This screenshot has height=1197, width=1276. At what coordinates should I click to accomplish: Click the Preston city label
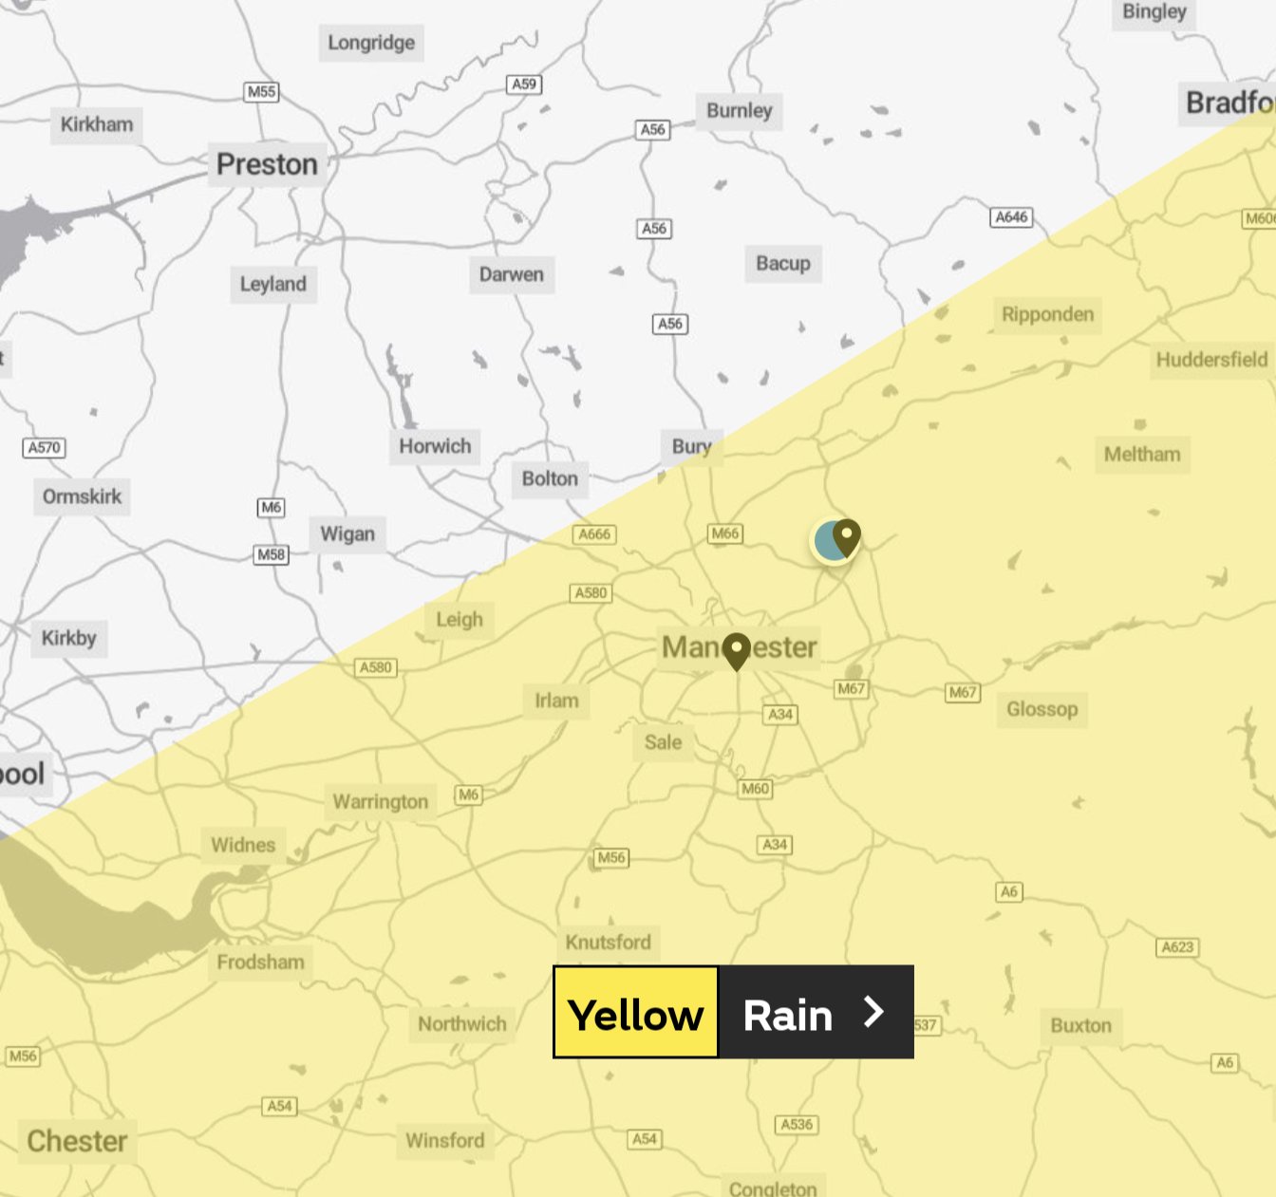point(267,164)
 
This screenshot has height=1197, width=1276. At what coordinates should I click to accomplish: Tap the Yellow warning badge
point(636,1013)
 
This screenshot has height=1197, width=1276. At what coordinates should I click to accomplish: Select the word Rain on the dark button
point(787,1016)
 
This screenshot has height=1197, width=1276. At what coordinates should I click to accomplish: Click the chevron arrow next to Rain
point(873,1012)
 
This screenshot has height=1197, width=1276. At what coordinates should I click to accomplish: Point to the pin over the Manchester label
point(737,650)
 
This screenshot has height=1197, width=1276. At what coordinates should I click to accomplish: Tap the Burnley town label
point(739,111)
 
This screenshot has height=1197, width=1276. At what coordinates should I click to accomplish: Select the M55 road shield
point(261,92)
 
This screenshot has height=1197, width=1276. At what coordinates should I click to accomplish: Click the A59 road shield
point(524,84)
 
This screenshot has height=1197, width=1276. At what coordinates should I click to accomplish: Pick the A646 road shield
point(1011,217)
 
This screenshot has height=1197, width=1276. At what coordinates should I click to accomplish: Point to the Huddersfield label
point(1211,360)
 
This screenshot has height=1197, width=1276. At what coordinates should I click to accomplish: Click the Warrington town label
point(380,802)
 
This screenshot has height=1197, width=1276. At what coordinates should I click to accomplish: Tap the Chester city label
point(77,1141)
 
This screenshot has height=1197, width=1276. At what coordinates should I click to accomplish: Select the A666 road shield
point(594,534)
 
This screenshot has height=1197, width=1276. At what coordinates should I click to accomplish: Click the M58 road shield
point(271,554)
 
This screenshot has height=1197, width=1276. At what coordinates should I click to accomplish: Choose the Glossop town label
point(1041,709)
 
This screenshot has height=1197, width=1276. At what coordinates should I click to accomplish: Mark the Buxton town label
point(1080,1026)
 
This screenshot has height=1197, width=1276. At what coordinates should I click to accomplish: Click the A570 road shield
point(44,447)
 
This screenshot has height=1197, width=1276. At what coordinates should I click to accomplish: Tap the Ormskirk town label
point(82,496)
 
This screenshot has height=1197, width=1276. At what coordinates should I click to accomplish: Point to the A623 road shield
point(1177,947)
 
